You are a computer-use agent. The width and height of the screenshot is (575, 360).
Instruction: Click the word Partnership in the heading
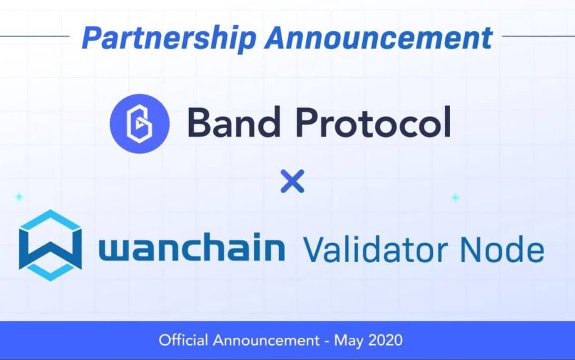(x=169, y=38)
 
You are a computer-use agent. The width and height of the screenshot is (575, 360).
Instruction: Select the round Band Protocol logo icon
(x=140, y=124)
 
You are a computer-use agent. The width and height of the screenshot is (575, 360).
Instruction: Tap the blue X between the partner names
(x=292, y=181)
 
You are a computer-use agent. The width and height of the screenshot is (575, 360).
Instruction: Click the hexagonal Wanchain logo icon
(x=50, y=245)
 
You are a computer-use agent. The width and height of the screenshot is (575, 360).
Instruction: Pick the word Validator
(x=376, y=250)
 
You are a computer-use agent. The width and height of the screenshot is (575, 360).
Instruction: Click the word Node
(x=502, y=250)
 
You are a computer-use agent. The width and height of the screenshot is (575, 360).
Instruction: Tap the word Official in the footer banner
(x=183, y=340)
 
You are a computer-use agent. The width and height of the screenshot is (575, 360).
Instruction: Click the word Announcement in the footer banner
(x=266, y=341)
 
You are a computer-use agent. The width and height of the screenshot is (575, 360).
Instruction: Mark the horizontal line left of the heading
(x=35, y=36)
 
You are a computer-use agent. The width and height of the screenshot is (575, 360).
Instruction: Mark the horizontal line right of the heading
(x=538, y=36)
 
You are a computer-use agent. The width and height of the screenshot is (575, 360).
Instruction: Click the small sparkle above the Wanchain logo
(x=19, y=197)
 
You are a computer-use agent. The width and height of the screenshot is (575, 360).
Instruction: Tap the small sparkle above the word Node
(x=455, y=198)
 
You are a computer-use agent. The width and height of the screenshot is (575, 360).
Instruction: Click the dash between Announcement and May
(x=327, y=341)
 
